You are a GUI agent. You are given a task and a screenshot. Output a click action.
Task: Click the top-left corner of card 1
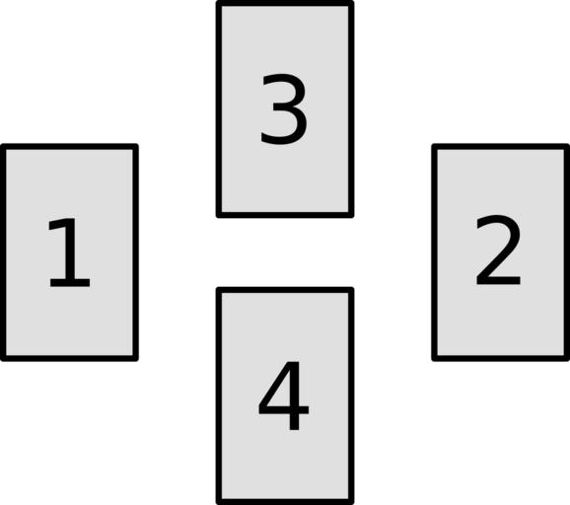pyautogui.click(x=3, y=146)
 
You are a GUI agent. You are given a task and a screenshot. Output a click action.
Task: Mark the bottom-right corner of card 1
pyautogui.click(x=136, y=359)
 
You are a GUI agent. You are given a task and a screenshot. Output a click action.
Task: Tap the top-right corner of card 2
pyautogui.click(x=567, y=146)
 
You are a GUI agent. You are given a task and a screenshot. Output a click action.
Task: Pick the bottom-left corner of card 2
pyautogui.click(x=434, y=359)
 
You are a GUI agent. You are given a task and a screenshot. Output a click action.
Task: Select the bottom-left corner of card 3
pyautogui.click(x=219, y=216)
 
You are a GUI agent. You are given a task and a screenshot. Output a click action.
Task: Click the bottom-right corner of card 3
pyautogui.click(x=352, y=216)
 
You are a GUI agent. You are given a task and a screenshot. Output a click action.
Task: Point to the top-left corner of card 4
pyautogui.click(x=219, y=289)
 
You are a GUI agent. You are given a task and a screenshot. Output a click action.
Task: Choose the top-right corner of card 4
pyautogui.click(x=352, y=289)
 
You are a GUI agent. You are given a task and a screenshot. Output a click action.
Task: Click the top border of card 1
pyautogui.click(x=69, y=147)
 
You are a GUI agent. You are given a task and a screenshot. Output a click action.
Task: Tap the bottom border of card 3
pyautogui.click(x=285, y=215)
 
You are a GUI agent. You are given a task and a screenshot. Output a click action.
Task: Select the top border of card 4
pyautogui.click(x=285, y=290)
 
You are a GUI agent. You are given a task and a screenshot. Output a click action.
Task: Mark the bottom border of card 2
pyautogui.click(x=501, y=358)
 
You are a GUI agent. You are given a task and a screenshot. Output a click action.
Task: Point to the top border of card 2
pyautogui.click(x=501, y=147)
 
